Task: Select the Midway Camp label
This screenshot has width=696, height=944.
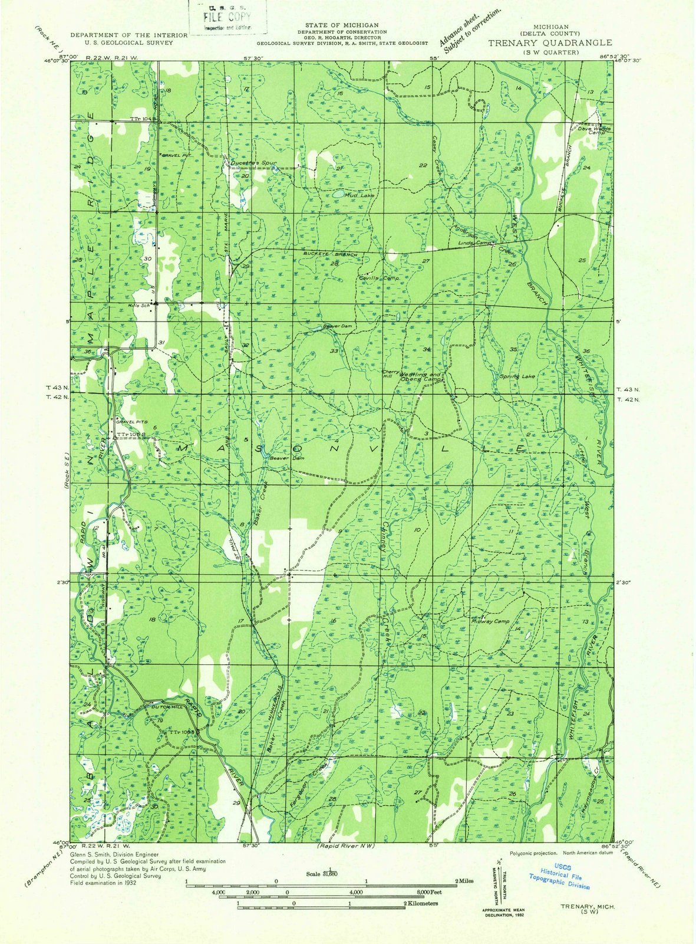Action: [x=490, y=621]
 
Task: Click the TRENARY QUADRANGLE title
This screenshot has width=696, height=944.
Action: [x=549, y=43]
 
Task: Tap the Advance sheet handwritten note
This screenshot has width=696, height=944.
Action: [x=469, y=29]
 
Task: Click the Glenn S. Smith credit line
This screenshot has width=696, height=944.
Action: [x=114, y=854]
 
